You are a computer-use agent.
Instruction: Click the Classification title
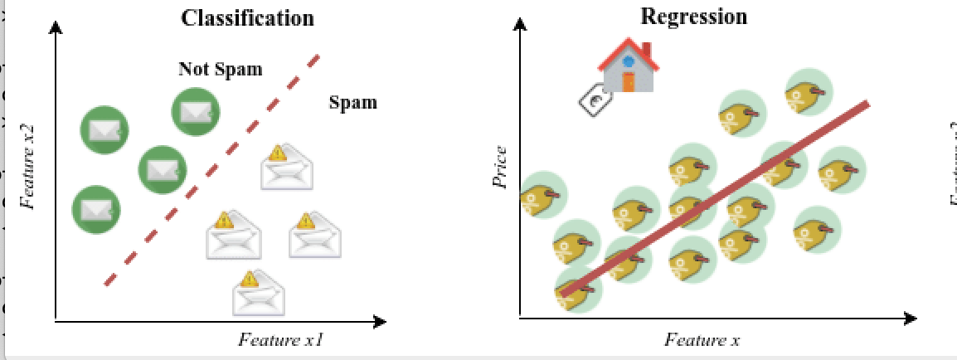pos(248,17)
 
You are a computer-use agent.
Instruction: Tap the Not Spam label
pos(220,69)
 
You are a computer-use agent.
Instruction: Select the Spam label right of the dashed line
pos(352,103)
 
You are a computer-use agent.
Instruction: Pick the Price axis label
pos(500,168)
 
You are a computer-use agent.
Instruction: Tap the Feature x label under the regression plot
pos(702,340)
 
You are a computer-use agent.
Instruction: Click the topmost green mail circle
pos(196,111)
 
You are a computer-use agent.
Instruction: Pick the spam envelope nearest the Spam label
pos(288,166)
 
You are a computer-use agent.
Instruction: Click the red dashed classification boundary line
pos(211,170)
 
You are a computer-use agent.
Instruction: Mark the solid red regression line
pos(713,199)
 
